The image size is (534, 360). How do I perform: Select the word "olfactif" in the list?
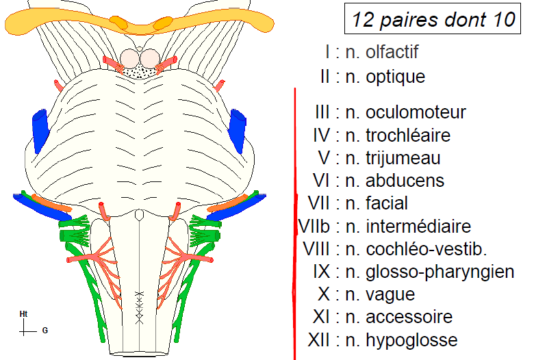tap(392, 52)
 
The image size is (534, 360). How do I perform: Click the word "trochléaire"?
tap(408, 135)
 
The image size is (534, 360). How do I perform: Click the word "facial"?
tap(386, 203)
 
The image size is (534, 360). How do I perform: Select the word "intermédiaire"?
tap(418, 226)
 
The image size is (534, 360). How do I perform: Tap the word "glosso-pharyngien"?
tap(440, 272)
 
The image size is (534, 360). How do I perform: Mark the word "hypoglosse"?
tap(411, 339)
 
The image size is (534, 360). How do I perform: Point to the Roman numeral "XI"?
tap(327, 317)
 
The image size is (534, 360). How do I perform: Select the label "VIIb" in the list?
tap(316, 226)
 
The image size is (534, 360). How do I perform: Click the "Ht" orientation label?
tap(24, 313)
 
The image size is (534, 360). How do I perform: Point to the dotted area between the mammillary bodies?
tap(145, 70)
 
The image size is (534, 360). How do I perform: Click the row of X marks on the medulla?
tap(139, 306)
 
